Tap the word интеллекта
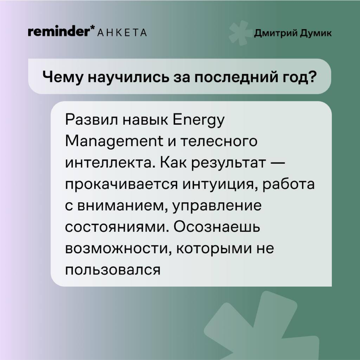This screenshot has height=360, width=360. pyautogui.click(x=110, y=163)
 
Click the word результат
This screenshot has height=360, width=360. pyautogui.click(x=229, y=163)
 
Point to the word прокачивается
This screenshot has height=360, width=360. pyautogui.click(x=122, y=185)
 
